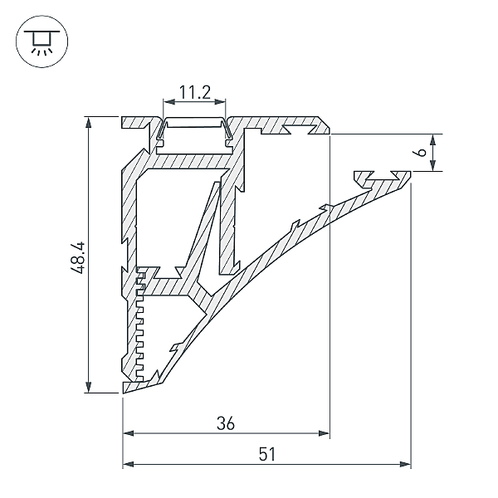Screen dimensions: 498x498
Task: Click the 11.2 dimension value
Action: (195, 92)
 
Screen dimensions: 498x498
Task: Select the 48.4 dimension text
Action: (78, 257)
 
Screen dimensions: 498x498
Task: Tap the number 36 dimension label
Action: (226, 423)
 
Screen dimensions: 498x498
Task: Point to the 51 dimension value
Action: (266, 454)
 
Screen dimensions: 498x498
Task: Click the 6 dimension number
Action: (421, 153)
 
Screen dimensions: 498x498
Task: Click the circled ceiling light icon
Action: (42, 41)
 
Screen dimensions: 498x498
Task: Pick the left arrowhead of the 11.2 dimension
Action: (168, 101)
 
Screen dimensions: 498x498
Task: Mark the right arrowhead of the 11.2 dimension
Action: (220, 101)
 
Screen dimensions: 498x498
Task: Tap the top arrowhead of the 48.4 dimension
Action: (88, 123)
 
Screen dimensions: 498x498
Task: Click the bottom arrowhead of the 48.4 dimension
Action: (88, 387)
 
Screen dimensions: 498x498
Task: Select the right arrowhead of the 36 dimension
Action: (324, 433)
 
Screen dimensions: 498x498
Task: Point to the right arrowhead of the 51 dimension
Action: (405, 464)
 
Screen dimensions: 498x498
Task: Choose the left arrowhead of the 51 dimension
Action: (129, 464)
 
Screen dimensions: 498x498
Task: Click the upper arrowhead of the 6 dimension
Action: (432, 140)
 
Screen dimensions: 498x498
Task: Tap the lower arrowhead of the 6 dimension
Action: (432, 165)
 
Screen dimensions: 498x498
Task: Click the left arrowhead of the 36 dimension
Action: (129, 433)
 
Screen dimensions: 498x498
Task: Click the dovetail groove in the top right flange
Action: (299, 130)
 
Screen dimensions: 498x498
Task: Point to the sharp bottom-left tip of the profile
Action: (124, 393)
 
